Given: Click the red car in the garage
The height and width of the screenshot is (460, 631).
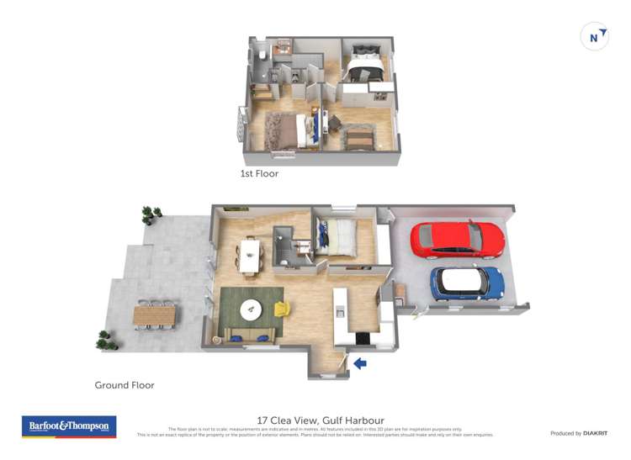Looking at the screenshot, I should click(457, 240).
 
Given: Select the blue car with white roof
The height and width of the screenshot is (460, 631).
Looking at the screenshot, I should click(467, 283).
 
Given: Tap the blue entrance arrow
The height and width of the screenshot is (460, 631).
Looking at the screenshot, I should click(360, 363).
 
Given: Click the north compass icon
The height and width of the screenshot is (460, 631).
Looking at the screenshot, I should click(595, 37).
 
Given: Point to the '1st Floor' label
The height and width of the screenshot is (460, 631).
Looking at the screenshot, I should click(259, 174).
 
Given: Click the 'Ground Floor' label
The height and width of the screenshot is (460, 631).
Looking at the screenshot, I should click(125, 385).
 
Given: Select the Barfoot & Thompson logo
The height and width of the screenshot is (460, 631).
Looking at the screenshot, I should click(68, 426).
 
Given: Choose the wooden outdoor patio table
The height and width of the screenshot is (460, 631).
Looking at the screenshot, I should click(155, 315).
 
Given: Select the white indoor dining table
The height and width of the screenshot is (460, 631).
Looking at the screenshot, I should click(250, 256).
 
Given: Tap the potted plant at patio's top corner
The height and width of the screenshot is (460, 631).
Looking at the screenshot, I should click(151, 214).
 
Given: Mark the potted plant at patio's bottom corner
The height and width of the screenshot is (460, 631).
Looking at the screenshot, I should click(107, 340).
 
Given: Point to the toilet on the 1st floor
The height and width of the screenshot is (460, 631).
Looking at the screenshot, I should click(262, 55).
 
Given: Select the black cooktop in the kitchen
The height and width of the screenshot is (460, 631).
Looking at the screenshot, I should click(363, 338).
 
